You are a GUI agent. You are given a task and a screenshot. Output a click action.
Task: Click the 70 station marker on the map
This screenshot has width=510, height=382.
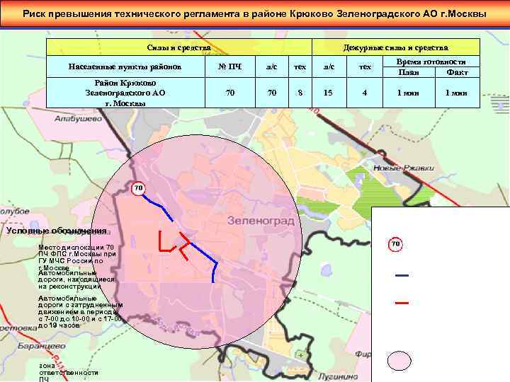pos(137,188)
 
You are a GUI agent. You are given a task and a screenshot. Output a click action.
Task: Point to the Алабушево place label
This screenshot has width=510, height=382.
pos(77,120)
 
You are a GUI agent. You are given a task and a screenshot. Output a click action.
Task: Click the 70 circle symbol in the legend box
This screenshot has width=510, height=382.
pos(396,245)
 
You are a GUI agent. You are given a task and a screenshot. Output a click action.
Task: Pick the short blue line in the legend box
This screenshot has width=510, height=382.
pos(402,275)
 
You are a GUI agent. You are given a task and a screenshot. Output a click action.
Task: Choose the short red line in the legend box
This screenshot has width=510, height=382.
pos(402,302)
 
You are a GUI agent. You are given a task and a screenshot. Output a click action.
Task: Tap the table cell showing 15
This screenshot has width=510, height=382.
pos(328,93)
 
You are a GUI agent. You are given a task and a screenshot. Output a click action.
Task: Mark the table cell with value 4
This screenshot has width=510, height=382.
pos(365,93)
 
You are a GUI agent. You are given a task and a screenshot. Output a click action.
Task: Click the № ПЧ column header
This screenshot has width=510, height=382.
pos(229,67)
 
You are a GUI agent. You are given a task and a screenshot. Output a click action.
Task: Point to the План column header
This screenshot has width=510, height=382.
pos(408,72)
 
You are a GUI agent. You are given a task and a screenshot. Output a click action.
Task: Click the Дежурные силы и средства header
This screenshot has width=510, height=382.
pos(395,47)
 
